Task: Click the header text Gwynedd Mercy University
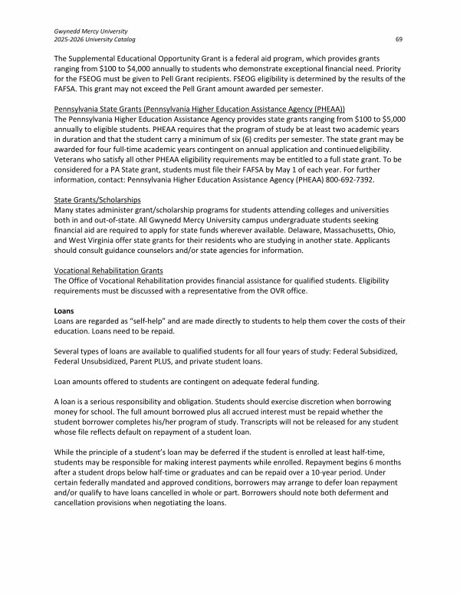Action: pos(90,29)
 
